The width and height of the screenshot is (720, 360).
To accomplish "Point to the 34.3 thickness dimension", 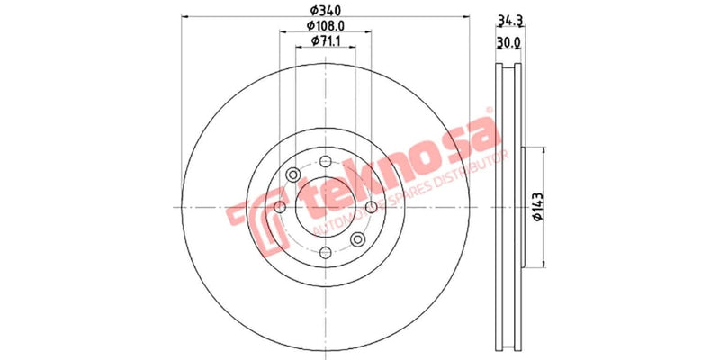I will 510,19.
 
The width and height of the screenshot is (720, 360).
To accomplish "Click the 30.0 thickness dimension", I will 510,42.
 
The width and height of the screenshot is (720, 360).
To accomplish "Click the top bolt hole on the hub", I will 326,161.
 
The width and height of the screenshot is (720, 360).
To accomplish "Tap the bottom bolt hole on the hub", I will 326,255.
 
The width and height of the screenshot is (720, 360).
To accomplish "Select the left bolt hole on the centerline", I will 279,208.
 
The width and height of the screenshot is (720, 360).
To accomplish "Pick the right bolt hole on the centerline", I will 373,208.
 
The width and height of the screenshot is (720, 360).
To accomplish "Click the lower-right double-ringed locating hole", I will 358,239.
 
